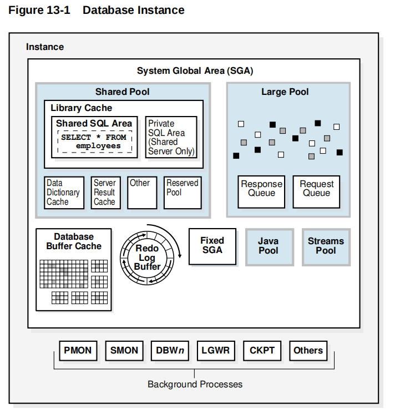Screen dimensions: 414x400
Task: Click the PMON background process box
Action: [x=78, y=351]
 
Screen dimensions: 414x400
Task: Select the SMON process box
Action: [x=124, y=351]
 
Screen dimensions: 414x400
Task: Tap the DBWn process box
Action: [x=169, y=351]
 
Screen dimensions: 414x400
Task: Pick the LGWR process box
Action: [x=216, y=351]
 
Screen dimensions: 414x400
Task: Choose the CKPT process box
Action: [x=262, y=351]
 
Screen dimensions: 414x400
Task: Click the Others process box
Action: [x=308, y=351]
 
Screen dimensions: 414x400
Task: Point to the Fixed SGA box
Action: [x=212, y=245]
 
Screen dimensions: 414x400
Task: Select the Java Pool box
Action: [x=269, y=246]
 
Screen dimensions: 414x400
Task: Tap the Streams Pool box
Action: [x=326, y=246]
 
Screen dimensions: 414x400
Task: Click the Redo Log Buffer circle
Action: [x=148, y=258]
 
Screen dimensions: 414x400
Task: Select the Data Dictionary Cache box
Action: [x=64, y=193]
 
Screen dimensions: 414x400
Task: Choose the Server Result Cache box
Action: [x=105, y=193]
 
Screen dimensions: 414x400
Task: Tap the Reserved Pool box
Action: [x=182, y=193]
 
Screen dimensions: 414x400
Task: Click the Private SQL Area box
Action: [x=171, y=137]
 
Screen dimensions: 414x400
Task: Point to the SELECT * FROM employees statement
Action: [x=94, y=142]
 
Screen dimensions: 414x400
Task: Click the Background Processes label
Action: [x=195, y=384]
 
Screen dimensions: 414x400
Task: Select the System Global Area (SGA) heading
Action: [x=195, y=71]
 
